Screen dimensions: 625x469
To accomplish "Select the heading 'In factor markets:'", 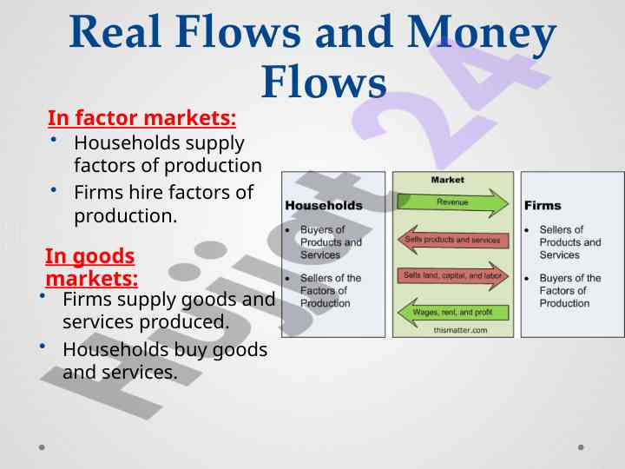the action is coord(141,118).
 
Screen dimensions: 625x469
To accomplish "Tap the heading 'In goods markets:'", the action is coord(91,268).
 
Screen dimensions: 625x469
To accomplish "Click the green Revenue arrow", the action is coord(453,202).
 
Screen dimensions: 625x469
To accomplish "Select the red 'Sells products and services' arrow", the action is coord(453,240).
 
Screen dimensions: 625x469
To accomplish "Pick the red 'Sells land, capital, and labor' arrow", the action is coord(453,275).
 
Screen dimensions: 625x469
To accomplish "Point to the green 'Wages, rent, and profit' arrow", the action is coord(453,313).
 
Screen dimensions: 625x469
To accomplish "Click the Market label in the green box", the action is coord(448,180).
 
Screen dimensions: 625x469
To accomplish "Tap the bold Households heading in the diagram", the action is coord(324,205).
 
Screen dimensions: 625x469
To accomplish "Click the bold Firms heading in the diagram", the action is coord(543,205).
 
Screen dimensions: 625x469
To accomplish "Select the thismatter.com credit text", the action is coord(460,330).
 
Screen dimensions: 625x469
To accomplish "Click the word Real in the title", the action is coord(115,31).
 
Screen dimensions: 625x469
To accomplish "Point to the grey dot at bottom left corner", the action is coord(42,447).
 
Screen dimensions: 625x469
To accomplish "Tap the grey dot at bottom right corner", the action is coord(581,447).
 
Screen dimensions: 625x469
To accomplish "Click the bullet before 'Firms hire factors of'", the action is coord(54,190).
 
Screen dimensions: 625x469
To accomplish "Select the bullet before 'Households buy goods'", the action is coord(43,347).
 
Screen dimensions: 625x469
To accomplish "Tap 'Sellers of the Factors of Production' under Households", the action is coord(331,290).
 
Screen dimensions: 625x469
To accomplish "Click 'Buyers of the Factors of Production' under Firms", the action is coord(570,290).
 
